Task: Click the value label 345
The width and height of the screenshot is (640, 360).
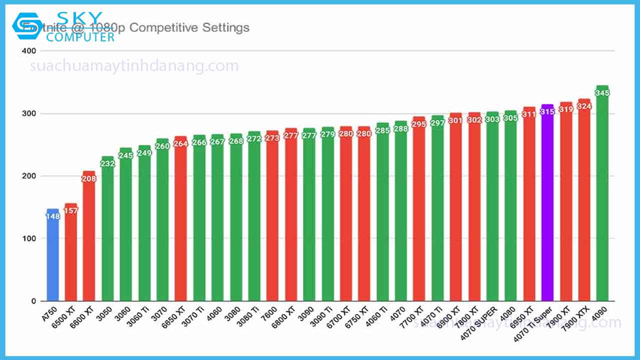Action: [602, 93]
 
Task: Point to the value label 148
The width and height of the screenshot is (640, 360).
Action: [52, 216]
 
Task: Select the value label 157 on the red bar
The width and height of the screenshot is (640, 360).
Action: [71, 210]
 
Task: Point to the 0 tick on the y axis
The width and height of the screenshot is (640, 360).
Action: [33, 301]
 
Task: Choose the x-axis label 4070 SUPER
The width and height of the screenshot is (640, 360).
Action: [480, 320]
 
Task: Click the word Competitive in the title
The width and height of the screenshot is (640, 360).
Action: [163, 27]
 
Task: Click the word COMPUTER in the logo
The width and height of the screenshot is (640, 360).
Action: [83, 37]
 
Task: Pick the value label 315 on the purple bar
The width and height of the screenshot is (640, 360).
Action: [547, 112]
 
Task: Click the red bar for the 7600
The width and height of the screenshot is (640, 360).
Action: [272, 220]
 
